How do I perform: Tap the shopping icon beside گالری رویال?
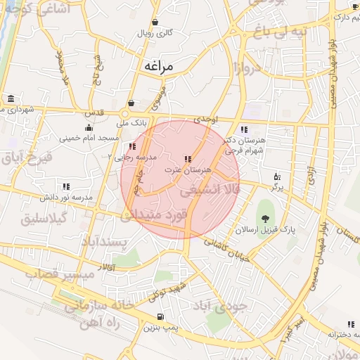pyautogui.click(x=155, y=22)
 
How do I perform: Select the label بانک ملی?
pyautogui.click(x=134, y=122)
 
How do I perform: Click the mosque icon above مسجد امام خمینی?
pyautogui.click(x=88, y=127)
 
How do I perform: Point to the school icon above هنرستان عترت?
pyautogui.click(x=187, y=160)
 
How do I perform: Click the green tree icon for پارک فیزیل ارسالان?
pyautogui.click(x=265, y=205)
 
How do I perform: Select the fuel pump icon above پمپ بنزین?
pyautogui.click(x=162, y=316)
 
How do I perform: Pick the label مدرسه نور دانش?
pyautogui.click(x=66, y=198)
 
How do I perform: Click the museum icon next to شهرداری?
pyautogui.click(x=11, y=98)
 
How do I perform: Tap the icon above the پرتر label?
pyautogui.click(x=276, y=176)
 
